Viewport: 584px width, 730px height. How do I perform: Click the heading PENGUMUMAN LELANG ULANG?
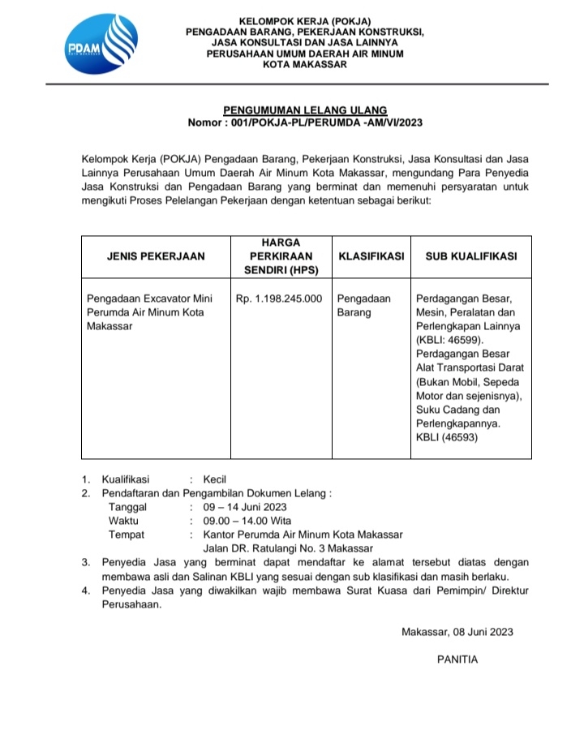click(x=305, y=109)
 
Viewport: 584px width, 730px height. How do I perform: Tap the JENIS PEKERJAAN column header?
click(x=156, y=255)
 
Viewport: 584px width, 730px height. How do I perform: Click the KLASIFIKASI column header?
click(x=371, y=255)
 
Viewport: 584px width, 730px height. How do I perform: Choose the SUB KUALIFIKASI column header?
click(x=471, y=255)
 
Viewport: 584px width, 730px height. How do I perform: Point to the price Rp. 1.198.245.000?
click(x=279, y=298)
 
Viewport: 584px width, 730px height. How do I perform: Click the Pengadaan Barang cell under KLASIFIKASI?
click(x=363, y=305)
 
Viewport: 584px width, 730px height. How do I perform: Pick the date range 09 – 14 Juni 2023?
click(x=245, y=507)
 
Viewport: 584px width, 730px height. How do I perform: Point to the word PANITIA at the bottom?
click(x=457, y=659)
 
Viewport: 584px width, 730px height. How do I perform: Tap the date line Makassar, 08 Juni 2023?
click(x=457, y=632)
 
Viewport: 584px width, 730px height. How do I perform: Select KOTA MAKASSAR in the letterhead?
click(x=305, y=65)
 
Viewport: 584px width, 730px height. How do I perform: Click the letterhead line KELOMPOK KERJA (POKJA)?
click(x=305, y=20)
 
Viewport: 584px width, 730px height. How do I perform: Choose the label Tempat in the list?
click(x=126, y=535)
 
